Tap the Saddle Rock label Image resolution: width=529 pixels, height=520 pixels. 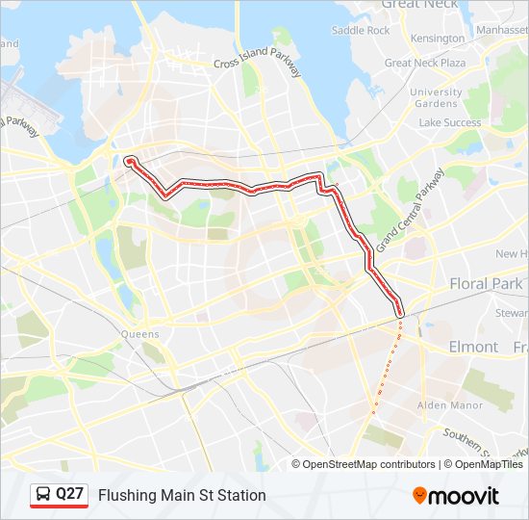pyautogui.click(x=361, y=30)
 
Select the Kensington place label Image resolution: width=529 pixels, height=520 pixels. pyautogui.click(x=437, y=39)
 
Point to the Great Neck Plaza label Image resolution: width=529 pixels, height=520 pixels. pyautogui.click(x=425, y=63)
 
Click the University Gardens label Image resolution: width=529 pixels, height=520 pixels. pyautogui.click(x=435, y=97)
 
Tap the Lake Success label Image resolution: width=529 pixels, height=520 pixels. pyautogui.click(x=449, y=122)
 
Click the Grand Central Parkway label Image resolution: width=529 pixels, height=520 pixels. pyautogui.click(x=411, y=210)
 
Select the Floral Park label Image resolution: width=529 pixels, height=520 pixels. pyautogui.click(x=486, y=284)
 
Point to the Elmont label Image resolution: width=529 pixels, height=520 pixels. pyautogui.click(x=473, y=346)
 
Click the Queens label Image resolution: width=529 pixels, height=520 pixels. pyautogui.click(x=140, y=334)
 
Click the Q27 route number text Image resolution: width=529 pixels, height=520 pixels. pyautogui.click(x=70, y=494)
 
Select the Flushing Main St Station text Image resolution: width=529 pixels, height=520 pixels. pyautogui.click(x=182, y=495)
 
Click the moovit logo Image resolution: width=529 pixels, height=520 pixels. pyautogui.click(x=456, y=495)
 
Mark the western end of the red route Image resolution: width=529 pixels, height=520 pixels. pyautogui.click(x=129, y=160)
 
